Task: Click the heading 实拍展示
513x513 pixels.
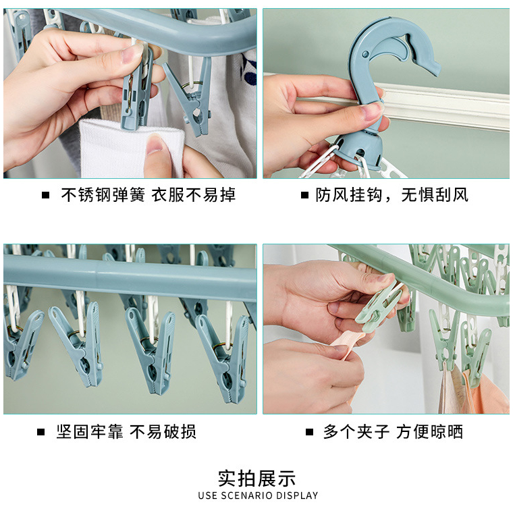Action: coord(256,479)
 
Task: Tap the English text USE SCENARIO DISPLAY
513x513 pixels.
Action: coord(258,495)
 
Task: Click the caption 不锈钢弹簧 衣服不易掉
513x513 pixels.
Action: coord(148,195)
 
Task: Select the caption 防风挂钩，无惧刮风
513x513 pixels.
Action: coord(391,195)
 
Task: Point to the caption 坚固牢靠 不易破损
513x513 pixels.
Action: coord(126,431)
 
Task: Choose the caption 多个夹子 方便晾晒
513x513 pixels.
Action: coord(393,431)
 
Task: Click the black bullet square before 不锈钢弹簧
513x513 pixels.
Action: coord(45,195)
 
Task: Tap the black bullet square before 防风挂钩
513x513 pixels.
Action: coord(304,195)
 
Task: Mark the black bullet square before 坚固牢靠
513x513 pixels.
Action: coord(40,432)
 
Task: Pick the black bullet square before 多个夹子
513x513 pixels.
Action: coord(310,432)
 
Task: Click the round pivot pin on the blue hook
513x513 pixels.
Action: coord(365,54)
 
